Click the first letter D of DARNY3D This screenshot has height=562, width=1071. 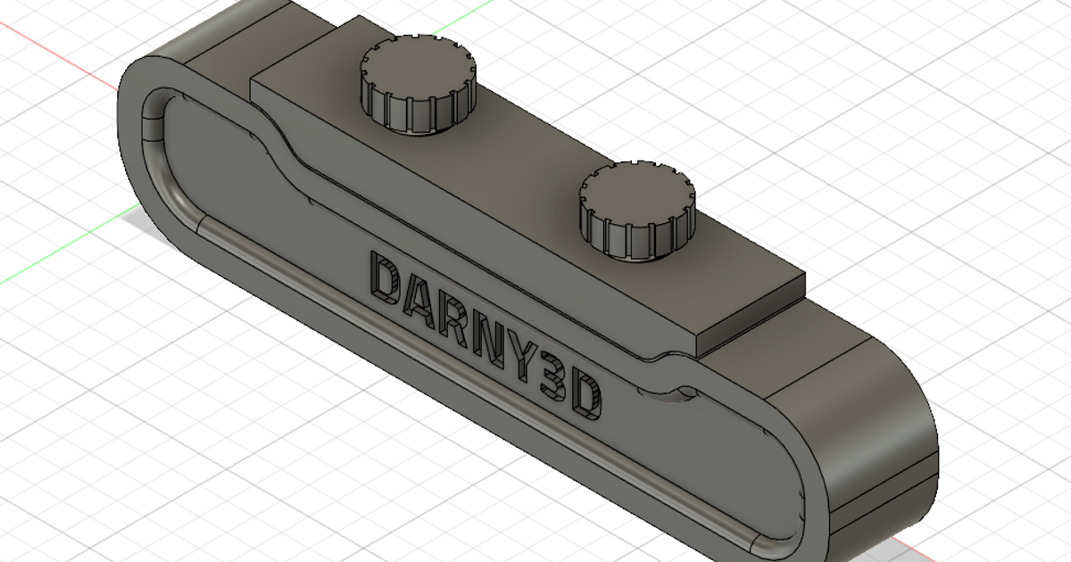tap(386, 277)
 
